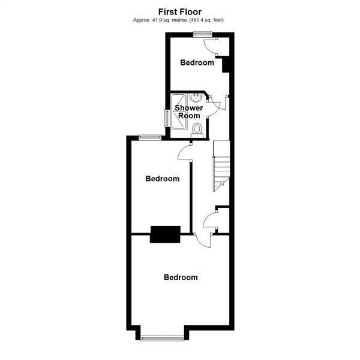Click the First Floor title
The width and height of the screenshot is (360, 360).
180,12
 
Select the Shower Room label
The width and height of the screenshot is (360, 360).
189,112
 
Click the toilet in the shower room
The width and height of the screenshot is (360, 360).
197,130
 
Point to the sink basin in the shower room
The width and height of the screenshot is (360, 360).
196,98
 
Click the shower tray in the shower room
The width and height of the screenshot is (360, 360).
178,111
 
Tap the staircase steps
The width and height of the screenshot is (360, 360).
221,166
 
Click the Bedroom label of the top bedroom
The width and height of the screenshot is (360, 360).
197,62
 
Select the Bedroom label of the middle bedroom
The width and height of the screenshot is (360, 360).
163,179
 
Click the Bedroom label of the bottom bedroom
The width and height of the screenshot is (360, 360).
181,277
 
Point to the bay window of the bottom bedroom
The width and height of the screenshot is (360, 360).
163,338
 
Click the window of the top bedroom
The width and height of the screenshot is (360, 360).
203,34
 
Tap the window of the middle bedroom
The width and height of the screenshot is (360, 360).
150,137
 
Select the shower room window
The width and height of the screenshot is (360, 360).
167,118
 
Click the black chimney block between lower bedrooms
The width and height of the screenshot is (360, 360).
165,235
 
